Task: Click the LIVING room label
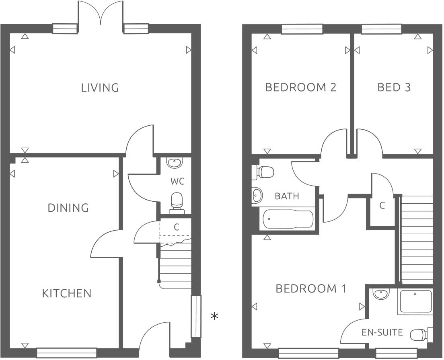pos(100,88)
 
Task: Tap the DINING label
pos(68,208)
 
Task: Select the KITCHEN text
pos(67,293)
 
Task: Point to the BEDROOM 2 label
pos(300,87)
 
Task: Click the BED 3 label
pos(394,87)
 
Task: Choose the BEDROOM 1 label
pos(310,288)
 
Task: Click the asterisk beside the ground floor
pos(215,317)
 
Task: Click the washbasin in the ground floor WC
pos(174,162)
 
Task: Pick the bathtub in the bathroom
pos(288,219)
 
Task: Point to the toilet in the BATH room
pos(263,172)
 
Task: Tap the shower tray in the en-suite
pos(415,301)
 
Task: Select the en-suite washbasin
pos(380,294)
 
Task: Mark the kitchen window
pos(66,352)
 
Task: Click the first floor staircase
pos(417,239)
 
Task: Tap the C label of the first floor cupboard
pos(382,205)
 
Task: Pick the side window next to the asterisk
pos(195,316)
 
